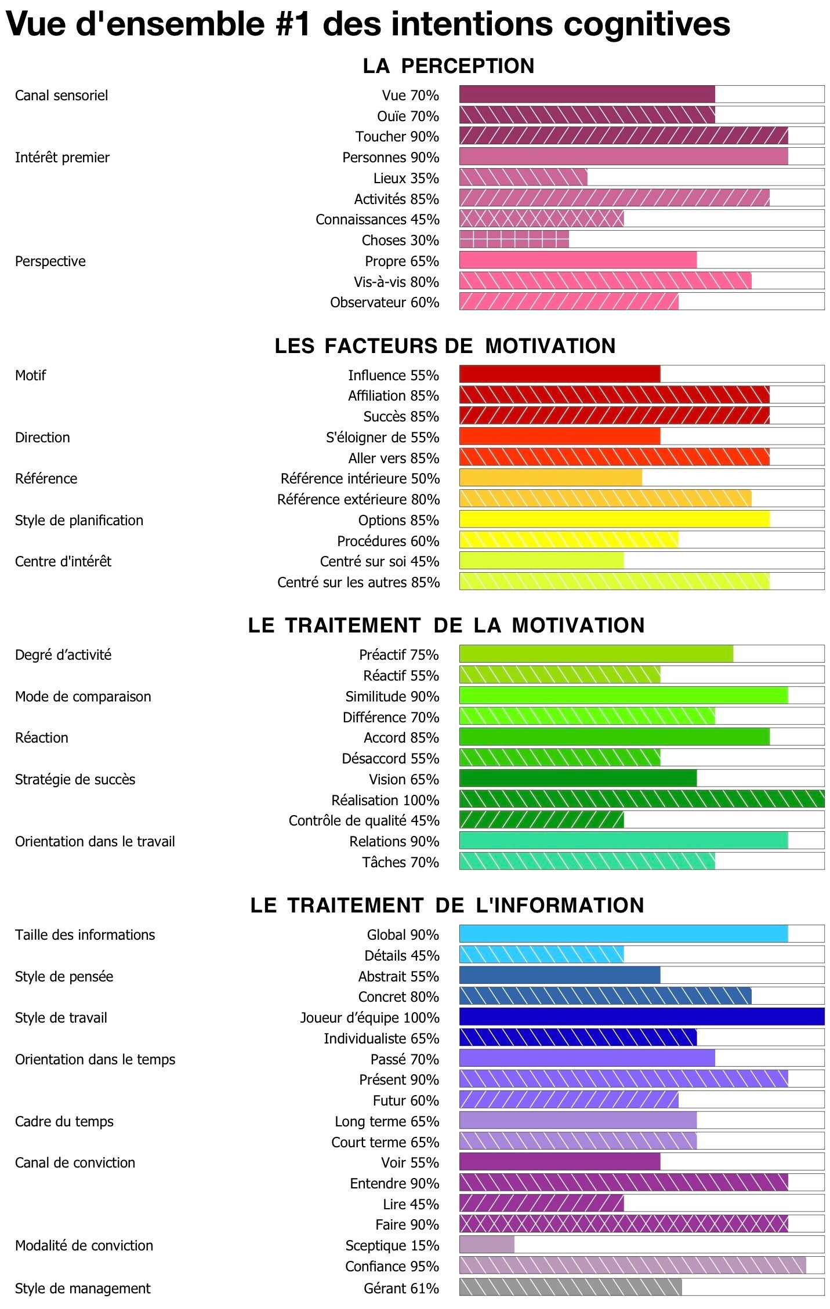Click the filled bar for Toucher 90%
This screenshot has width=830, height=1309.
click(624, 136)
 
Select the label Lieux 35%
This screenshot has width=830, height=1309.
click(406, 178)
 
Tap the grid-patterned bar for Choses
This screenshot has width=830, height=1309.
click(514, 239)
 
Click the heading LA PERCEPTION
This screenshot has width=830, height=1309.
click(448, 66)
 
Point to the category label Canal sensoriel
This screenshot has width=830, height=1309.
click(61, 95)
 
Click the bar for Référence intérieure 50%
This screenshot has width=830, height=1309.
click(550, 478)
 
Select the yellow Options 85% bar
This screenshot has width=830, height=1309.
click(614, 519)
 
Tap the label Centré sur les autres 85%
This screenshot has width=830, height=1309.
click(358, 582)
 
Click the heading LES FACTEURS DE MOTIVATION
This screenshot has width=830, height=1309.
click(445, 346)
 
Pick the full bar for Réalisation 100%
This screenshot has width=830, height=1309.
click(641, 799)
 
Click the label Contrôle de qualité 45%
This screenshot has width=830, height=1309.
click(364, 820)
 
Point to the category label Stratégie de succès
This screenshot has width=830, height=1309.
click(75, 779)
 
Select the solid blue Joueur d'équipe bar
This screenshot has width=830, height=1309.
click(641, 1017)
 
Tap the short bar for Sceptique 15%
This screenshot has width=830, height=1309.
click(487, 1245)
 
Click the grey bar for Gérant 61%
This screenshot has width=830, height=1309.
click(570, 1288)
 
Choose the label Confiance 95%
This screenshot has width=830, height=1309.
click(392, 1267)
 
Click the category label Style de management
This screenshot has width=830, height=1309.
click(82, 1288)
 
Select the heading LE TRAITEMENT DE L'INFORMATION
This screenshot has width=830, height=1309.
click(447, 906)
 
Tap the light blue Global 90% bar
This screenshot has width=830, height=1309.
click(624, 934)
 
